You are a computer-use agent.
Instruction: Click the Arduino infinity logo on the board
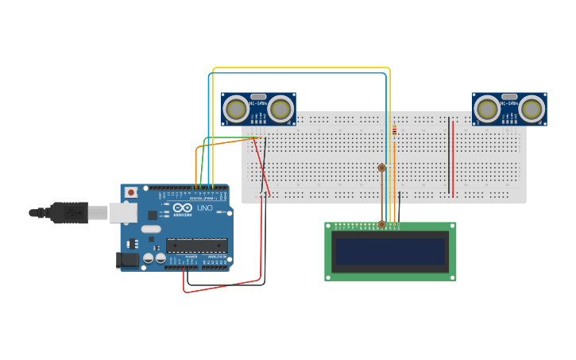180,209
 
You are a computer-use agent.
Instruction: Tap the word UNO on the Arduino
204,208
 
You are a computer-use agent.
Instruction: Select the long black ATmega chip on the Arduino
196,245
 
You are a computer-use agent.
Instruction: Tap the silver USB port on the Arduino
122,212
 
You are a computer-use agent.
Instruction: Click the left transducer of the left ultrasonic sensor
236,109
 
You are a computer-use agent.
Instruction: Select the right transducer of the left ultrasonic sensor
280,109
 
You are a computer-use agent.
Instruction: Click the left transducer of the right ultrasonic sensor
487,109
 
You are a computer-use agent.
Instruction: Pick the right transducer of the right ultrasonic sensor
532,109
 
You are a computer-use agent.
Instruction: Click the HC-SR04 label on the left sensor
258,103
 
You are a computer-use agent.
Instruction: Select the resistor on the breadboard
394,130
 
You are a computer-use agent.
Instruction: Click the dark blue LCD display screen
390,251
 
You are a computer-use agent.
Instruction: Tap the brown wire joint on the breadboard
381,168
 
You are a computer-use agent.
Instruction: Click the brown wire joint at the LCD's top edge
381,225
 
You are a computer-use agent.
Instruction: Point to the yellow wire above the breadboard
302,68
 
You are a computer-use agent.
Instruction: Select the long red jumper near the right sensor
454,159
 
